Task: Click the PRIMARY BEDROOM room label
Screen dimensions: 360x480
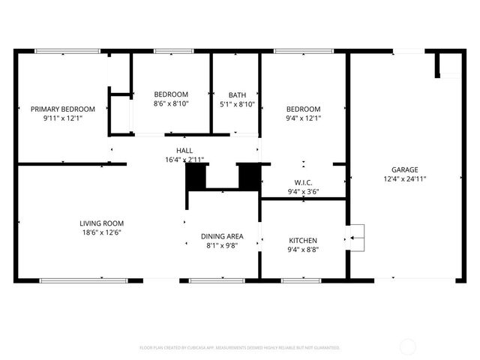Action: (x=63, y=109)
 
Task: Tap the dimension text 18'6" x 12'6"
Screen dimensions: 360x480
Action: (x=102, y=232)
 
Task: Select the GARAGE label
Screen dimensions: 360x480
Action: (x=404, y=169)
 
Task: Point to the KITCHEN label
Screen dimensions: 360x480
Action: (x=303, y=241)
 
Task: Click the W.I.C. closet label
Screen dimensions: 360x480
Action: (x=303, y=182)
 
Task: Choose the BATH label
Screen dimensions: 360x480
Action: (x=237, y=94)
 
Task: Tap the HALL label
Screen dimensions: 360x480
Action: (x=184, y=151)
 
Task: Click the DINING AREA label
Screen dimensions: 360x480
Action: (x=222, y=236)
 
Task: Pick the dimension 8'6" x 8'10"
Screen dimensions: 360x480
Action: (x=171, y=103)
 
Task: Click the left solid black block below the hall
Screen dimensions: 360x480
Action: (x=196, y=176)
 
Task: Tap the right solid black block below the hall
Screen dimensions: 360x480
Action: (x=248, y=176)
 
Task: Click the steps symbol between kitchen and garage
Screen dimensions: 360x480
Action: (x=357, y=238)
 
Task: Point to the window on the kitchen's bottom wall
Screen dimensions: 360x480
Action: (x=301, y=280)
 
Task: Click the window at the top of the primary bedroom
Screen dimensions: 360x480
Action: (x=57, y=51)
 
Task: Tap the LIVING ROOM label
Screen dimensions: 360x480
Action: (x=102, y=223)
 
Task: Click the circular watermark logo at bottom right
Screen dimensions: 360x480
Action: (x=408, y=346)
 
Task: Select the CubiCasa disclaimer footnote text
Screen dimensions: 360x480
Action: (x=240, y=348)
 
